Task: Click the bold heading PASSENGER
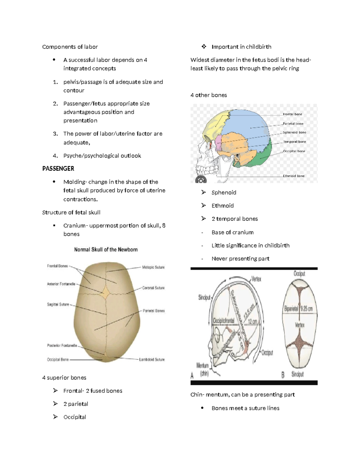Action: (58, 169)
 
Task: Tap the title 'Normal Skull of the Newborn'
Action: (106, 249)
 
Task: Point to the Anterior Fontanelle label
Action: (61, 284)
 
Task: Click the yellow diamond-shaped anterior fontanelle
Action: (106, 292)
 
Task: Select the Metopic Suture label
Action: (153, 267)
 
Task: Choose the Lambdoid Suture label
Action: (152, 359)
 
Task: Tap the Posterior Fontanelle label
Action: (62, 346)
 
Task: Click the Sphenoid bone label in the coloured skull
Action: (295, 132)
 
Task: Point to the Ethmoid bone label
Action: (294, 176)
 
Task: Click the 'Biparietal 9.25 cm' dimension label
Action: (298, 308)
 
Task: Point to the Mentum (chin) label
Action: (202, 369)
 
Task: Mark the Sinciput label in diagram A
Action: (204, 297)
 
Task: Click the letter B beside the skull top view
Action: (283, 375)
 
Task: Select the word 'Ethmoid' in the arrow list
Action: (223, 206)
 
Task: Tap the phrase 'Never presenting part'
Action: (240, 259)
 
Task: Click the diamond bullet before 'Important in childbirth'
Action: (204, 47)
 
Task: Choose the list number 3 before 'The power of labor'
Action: (55, 134)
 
